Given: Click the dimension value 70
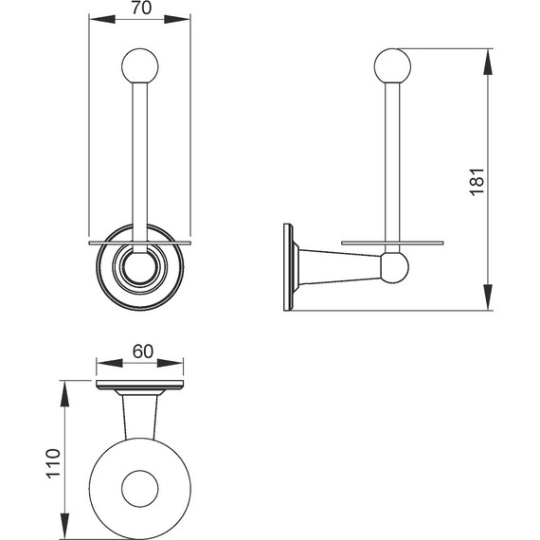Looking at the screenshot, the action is [141, 8].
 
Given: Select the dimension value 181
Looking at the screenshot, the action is [477, 182].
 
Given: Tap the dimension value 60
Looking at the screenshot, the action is [142, 351].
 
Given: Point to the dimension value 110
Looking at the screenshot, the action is [53, 463].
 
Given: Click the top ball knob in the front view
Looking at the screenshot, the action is [140, 66].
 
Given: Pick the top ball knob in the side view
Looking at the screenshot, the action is [392, 66].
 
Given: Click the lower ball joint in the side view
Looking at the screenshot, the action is [395, 267].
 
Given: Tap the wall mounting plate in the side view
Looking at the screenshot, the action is [288, 267].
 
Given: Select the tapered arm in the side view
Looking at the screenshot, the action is [339, 267].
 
